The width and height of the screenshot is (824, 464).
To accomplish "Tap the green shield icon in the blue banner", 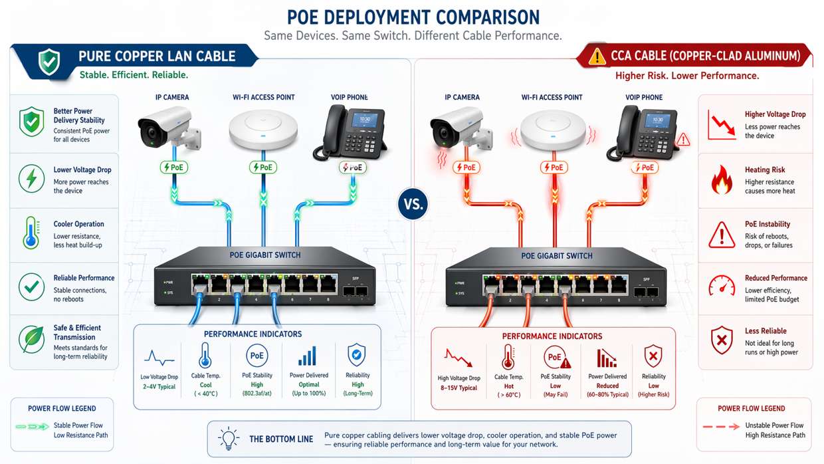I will click(49, 62).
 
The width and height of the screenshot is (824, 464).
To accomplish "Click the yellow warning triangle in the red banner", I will click(597, 57).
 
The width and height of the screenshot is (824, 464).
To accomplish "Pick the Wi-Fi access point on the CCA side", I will click(551, 130).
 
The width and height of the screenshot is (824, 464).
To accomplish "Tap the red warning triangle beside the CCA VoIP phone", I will click(682, 140).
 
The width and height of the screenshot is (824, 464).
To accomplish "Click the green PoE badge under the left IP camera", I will click(173, 168).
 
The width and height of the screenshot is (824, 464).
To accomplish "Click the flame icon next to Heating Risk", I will click(722, 180).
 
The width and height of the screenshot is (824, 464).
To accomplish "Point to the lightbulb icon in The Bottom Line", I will click(229, 439).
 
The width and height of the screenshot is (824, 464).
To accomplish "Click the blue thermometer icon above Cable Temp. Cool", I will click(205, 356).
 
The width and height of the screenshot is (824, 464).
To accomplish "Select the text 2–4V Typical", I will click(159, 387).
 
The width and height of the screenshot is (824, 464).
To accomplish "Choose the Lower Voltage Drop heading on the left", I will click(82, 170).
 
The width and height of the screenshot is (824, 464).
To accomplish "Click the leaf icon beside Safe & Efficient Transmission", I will click(31, 339).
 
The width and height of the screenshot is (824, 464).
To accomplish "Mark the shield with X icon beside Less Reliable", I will click(722, 340).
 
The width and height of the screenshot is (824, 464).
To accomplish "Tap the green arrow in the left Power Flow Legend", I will click(31, 426).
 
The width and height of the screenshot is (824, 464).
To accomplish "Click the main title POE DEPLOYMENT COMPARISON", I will click(413, 17).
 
